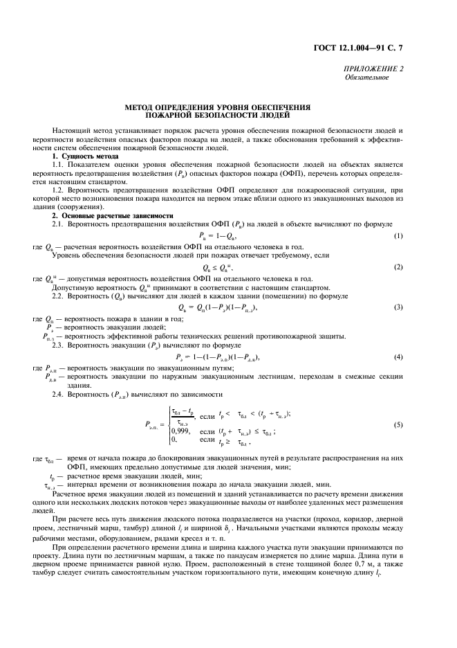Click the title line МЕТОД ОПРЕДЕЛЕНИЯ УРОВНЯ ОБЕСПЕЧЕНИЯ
pyautogui.click(x=217, y=107)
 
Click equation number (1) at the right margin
pyautogui.click(x=398, y=236)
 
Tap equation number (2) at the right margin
pyautogui.click(x=398, y=267)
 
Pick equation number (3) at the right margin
pyautogui.click(x=398, y=307)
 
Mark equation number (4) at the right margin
pyautogui.click(x=398, y=356)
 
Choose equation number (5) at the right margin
pyautogui.click(x=398, y=424)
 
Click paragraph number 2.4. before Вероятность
pyautogui.click(x=60, y=394)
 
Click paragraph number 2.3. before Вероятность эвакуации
pyautogui.click(x=60, y=344)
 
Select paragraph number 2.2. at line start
pyautogui.click(x=60, y=296)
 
